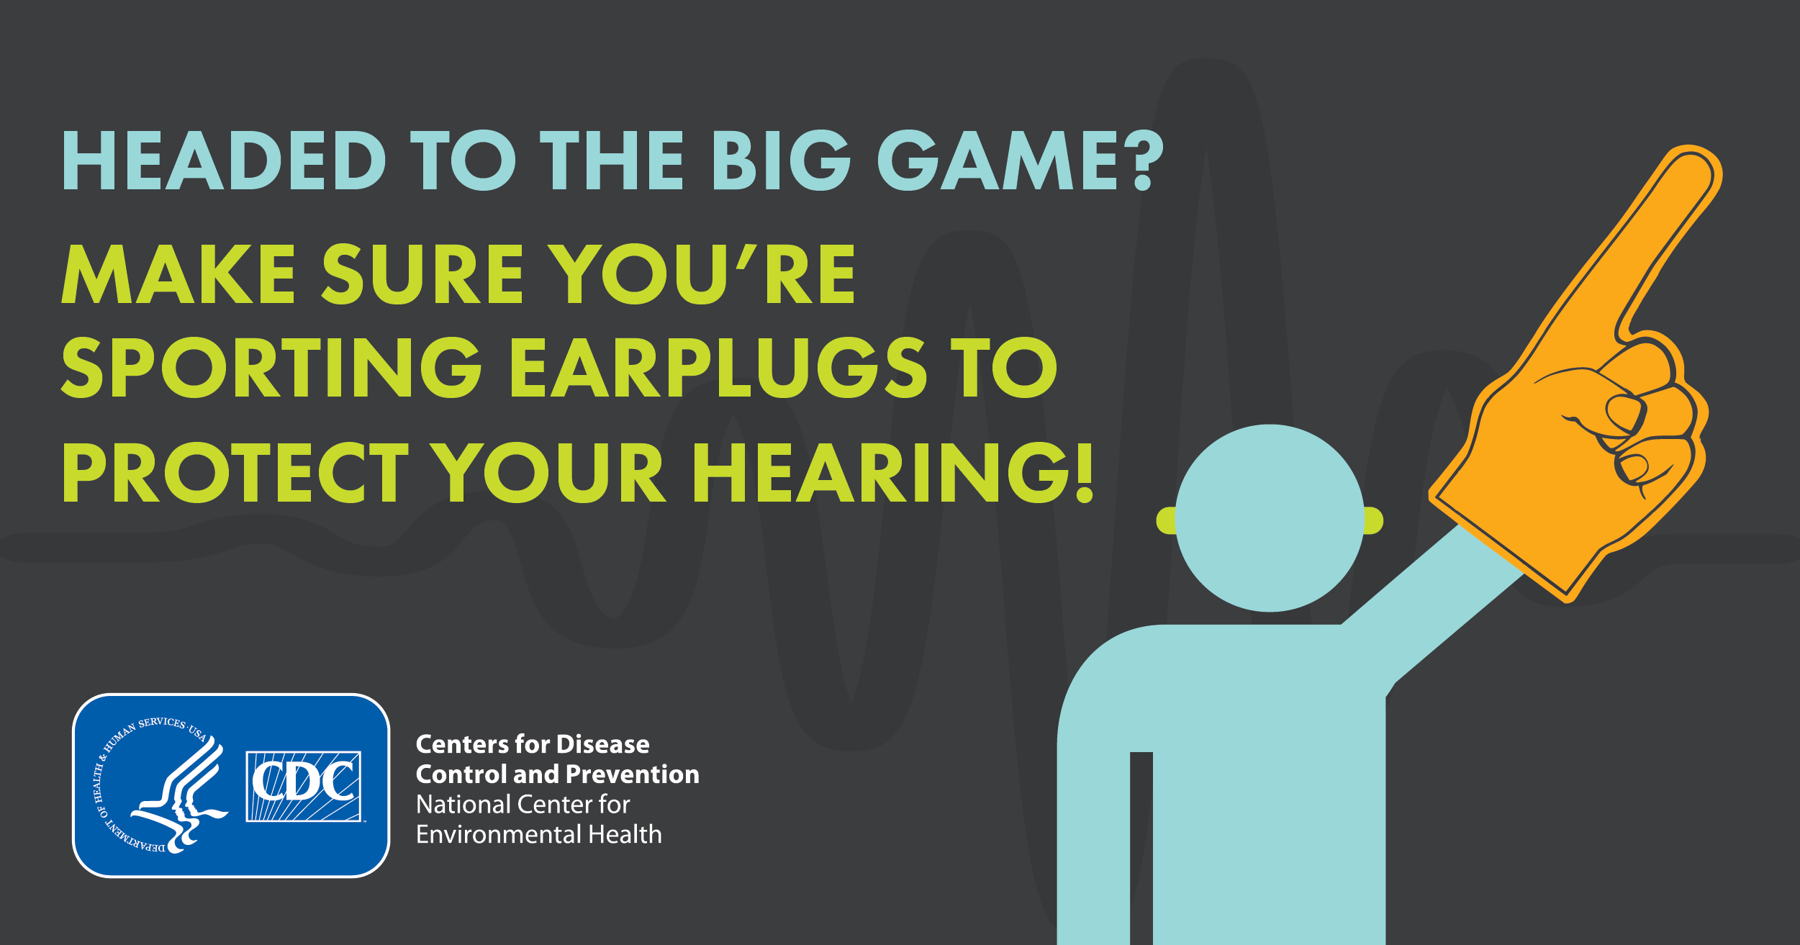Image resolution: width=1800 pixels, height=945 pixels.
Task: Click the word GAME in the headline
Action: [x=998, y=160]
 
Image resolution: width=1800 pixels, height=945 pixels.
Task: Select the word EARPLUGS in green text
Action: [x=718, y=367]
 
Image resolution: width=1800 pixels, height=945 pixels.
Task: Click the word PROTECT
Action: [x=235, y=472]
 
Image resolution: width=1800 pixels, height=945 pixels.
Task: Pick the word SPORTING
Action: [x=271, y=367]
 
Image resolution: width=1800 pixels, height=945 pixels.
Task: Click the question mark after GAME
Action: [x=1142, y=160]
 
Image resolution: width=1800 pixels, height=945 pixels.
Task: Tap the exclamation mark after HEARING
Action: [x=1085, y=472]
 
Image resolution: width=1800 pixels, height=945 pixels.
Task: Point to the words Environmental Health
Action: [x=539, y=834]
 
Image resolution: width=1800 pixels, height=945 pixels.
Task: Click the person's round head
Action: [x=1270, y=518]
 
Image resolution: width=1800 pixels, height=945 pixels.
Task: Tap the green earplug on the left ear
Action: [x=1167, y=520]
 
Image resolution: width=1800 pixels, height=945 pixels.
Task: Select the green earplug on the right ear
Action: [x=1373, y=520]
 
